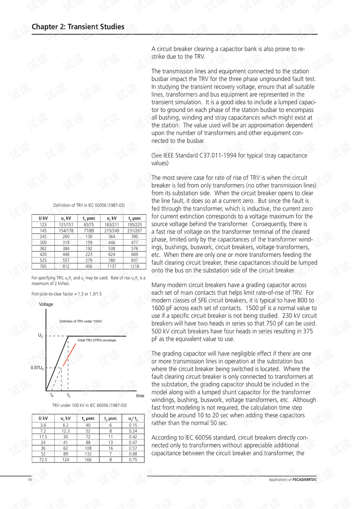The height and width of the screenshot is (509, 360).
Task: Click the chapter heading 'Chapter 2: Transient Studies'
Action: click(78, 27)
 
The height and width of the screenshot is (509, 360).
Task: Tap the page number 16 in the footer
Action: click(30, 480)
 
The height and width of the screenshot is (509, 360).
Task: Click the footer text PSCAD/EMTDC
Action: click(304, 480)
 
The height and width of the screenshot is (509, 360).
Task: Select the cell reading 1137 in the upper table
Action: click(112, 266)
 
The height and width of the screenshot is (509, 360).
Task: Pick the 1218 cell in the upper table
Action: click(135, 266)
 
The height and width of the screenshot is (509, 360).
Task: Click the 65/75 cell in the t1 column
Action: click(89, 225)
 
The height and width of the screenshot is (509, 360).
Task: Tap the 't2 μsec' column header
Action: click(135, 218)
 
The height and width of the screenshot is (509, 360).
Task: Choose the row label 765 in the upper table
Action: click(43, 266)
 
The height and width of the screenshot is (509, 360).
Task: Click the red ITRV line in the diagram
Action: click(70, 354)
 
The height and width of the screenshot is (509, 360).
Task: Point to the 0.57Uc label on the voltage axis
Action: click(37, 368)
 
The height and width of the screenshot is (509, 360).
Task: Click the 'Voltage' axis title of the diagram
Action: click(46, 305)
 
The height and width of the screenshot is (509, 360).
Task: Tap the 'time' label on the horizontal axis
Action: click(140, 396)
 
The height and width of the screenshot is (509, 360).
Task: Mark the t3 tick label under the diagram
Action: click(69, 395)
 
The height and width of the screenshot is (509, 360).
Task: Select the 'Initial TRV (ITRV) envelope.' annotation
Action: click(97, 341)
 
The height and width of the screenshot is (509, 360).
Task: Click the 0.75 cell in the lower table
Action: click(133, 459)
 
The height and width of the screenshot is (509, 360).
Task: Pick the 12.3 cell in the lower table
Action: click(66, 431)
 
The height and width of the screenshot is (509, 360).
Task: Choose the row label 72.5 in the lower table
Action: click(43, 459)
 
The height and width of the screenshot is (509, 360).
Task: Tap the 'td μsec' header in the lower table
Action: click(111, 419)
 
